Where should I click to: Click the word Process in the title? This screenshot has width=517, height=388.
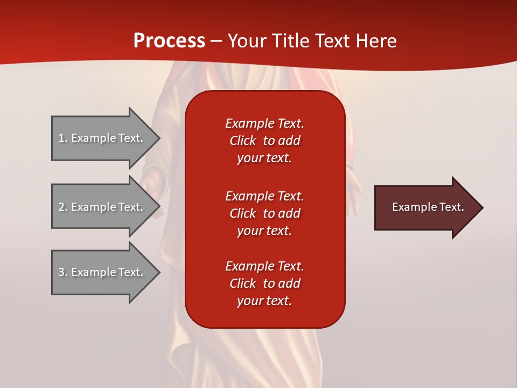(169, 41)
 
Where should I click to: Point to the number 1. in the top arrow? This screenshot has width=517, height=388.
(63, 138)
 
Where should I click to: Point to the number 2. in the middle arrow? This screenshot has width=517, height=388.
(63, 207)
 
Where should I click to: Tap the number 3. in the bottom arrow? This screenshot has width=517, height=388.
(63, 272)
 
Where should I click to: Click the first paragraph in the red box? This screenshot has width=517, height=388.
(264, 141)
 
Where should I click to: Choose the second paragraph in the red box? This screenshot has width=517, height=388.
(264, 213)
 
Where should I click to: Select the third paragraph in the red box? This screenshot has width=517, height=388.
(264, 283)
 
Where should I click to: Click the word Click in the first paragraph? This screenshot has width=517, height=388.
(243, 141)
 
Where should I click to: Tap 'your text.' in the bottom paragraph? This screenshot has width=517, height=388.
(264, 301)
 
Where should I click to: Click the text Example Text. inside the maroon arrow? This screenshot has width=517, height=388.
(428, 207)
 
